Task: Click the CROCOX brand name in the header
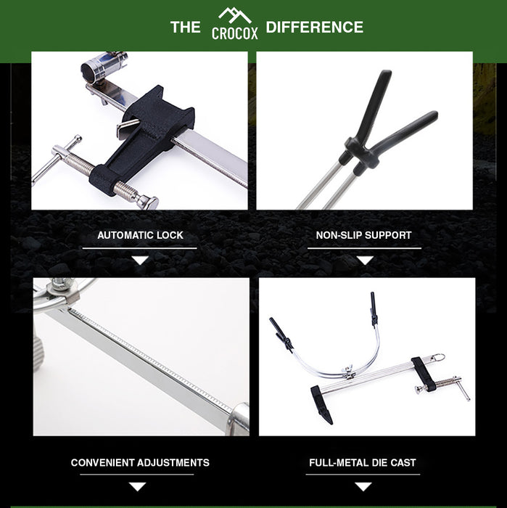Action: click(x=235, y=33)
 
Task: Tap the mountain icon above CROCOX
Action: click(x=235, y=15)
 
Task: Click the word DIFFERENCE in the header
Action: click(x=314, y=27)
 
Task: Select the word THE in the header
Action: click(x=185, y=28)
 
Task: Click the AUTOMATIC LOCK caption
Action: click(x=140, y=235)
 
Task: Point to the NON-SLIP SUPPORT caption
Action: click(x=363, y=235)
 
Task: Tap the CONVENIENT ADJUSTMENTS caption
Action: click(x=140, y=463)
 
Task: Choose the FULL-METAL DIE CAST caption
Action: click(x=362, y=463)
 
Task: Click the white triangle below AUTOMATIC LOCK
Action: click(x=140, y=260)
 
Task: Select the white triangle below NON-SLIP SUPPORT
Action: click(x=365, y=260)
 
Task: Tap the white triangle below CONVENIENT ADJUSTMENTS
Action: click(x=137, y=487)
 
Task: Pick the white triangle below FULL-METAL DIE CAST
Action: click(x=363, y=487)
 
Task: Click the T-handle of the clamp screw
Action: click(x=56, y=160)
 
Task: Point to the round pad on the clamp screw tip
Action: click(x=148, y=202)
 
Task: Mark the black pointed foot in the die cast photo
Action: click(x=322, y=404)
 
